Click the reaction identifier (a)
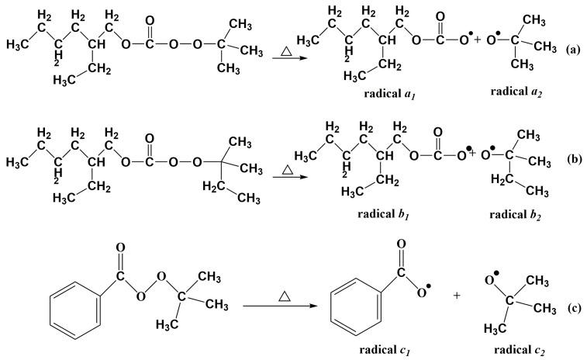coord(573,49)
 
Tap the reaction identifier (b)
coord(574,160)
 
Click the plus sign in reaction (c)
coord(457,296)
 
